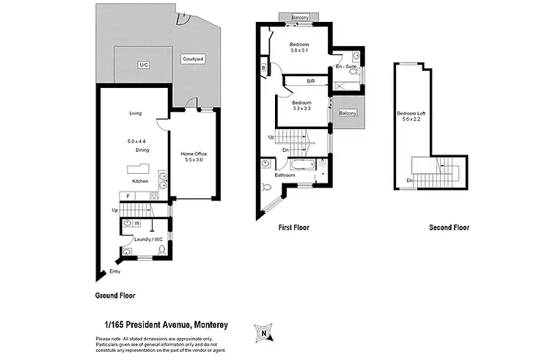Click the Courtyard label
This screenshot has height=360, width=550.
[193, 58]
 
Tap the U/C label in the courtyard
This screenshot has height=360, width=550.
[143, 65]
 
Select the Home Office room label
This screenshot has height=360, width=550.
[194, 154]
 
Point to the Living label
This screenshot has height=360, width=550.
[136, 113]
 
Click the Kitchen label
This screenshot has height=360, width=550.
[140, 181]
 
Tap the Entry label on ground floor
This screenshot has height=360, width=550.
[114, 272]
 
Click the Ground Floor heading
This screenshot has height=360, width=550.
[115, 295]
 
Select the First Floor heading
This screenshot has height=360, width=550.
[293, 228]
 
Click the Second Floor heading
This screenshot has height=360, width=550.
[450, 228]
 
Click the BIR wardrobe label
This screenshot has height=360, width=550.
[301, 81]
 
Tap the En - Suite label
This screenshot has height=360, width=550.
[346, 67]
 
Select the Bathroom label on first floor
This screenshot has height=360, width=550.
[285, 175]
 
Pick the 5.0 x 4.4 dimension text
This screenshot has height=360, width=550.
[136, 141]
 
